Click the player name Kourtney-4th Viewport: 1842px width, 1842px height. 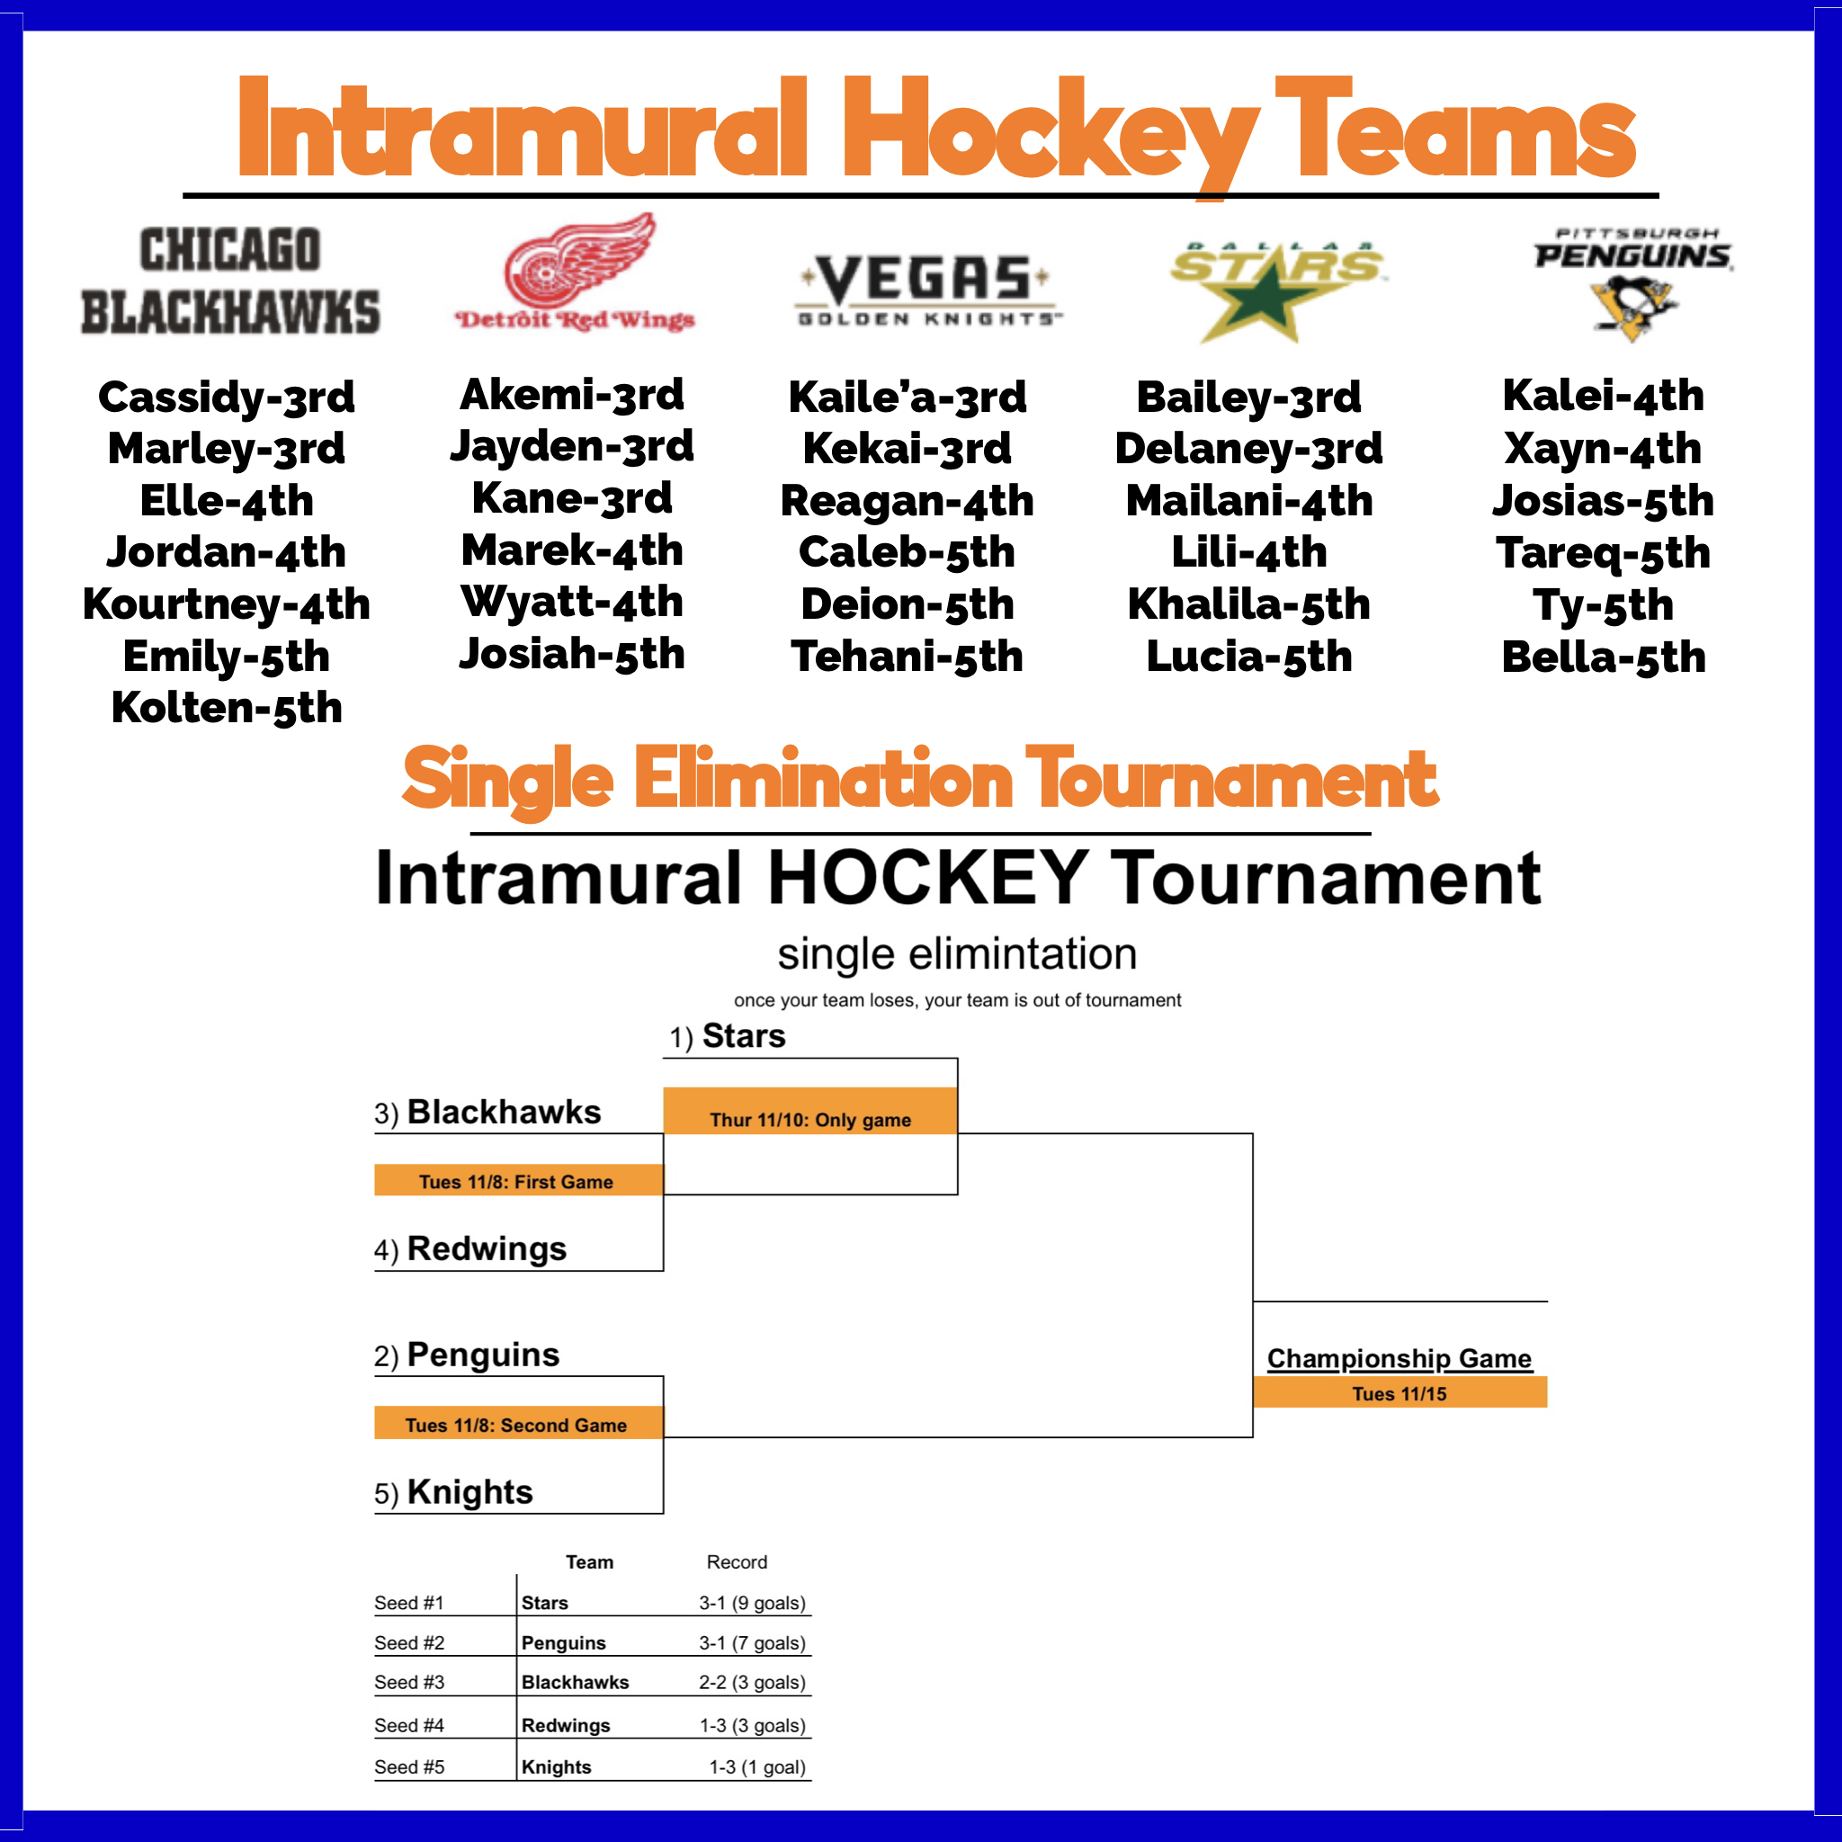coord(227,604)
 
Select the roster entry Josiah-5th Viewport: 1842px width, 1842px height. coord(572,654)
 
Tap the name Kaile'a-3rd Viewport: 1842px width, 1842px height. coord(908,398)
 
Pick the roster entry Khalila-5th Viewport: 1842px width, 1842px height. coord(1249,604)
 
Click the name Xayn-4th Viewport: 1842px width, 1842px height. coord(1603,449)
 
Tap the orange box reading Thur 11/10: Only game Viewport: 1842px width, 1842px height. coord(810,1111)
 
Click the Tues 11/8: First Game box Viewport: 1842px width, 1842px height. coord(518,1180)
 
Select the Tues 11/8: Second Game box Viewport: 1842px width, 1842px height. coord(518,1424)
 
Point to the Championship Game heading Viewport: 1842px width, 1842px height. coord(1399,1359)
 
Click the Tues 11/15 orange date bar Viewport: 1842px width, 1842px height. coord(1399,1393)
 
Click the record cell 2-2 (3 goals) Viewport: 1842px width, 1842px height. coord(752,1683)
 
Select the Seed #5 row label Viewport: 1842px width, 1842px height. coord(409,1766)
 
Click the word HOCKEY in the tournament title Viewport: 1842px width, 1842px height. coord(927,878)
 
